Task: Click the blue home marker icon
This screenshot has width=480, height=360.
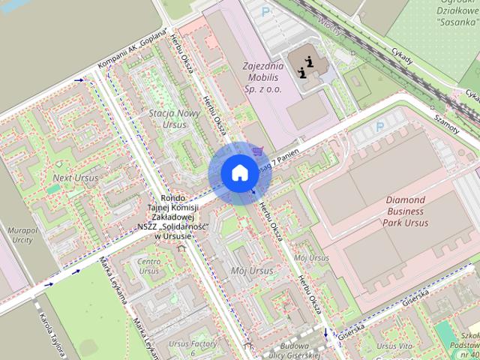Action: [x=238, y=172]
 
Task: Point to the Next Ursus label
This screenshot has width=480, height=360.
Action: [x=75, y=178]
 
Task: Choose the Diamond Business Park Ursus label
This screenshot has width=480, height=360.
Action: [x=415, y=211]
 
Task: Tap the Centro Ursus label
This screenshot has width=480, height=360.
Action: [x=148, y=265]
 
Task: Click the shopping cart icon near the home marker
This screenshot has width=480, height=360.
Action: [x=259, y=151]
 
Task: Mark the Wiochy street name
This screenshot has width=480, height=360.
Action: [x=326, y=22]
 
